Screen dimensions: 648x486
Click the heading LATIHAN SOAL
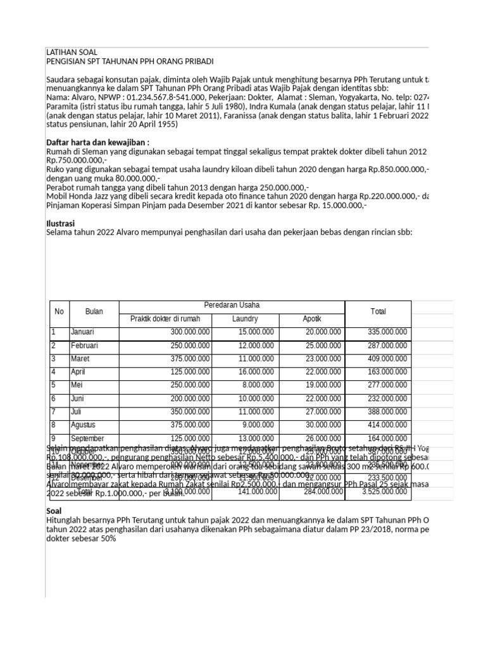[72, 51]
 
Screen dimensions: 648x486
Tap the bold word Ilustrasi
[61, 223]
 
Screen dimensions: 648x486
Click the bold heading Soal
[54, 510]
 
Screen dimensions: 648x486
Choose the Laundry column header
[245, 318]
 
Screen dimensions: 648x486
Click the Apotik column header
[312, 318]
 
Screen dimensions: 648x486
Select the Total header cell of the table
[378, 312]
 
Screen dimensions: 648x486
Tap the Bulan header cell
[94, 312]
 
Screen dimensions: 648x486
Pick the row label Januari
[82, 332]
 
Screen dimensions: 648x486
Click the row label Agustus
[84, 425]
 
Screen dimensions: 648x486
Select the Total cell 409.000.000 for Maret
[387, 358]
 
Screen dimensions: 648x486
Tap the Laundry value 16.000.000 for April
[256, 371]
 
